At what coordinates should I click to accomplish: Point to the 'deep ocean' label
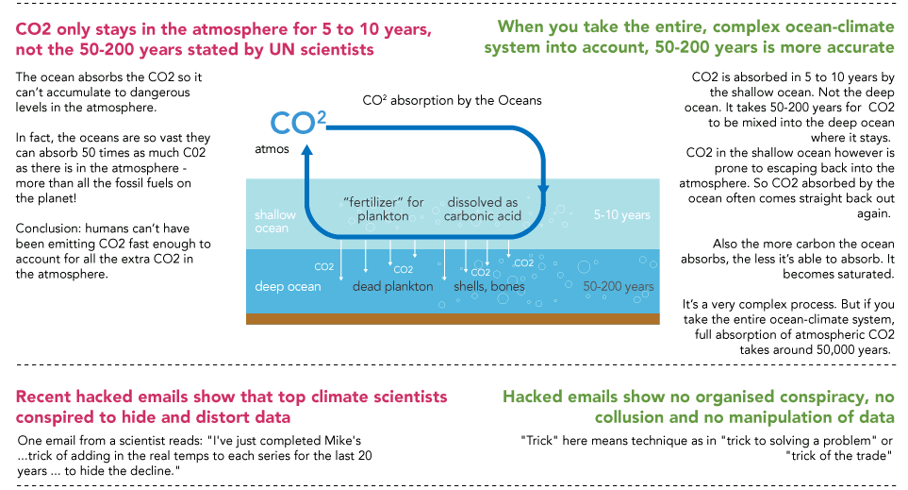point(288,286)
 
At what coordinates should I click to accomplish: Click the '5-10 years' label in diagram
point(621,215)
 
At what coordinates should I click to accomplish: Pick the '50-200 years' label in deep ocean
point(618,286)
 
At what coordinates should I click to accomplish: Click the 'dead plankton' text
point(393,286)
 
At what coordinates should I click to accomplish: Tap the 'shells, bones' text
point(488,286)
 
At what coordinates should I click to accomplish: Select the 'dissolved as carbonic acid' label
point(482,210)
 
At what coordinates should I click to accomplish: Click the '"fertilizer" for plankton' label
point(384,210)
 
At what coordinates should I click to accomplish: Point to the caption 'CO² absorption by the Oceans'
point(453,100)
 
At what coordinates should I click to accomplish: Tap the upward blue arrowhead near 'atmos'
point(307,160)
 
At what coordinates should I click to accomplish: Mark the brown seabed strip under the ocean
point(453,319)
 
